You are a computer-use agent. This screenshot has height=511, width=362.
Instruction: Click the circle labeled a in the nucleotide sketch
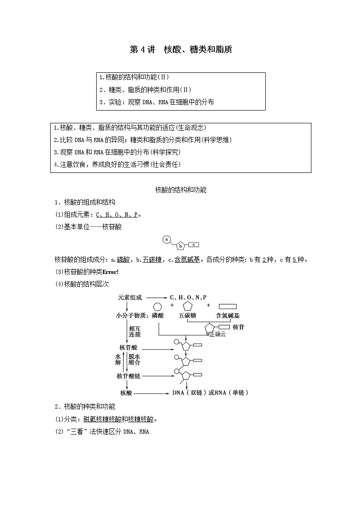tap(166, 239)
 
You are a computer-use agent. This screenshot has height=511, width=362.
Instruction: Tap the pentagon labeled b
tap(181, 246)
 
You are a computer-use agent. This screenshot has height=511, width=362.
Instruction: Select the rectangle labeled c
tap(193, 245)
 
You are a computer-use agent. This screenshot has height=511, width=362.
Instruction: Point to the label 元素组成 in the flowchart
tap(130, 297)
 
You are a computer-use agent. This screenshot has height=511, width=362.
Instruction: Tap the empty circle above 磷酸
tap(157, 307)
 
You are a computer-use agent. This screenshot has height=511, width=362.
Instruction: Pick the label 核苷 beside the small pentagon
tap(238, 327)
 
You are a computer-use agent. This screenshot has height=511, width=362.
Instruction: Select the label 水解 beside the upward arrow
tap(118, 359)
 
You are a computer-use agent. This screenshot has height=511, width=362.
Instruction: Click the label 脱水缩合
tap(134, 359)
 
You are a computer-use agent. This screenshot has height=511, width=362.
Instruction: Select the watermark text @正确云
tap(216, 334)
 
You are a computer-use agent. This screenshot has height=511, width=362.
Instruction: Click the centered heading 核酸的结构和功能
tap(181, 190)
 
